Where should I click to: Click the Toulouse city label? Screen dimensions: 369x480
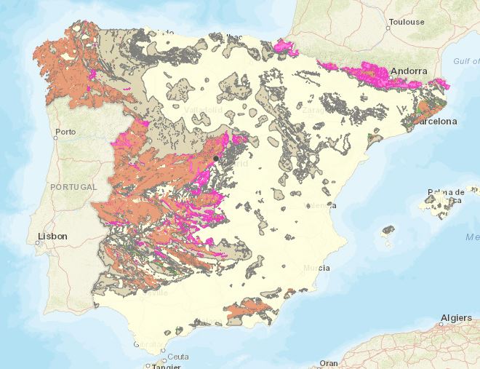click(407, 22)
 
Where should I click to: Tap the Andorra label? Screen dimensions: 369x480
click(408, 71)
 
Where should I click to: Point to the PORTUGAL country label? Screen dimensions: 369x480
click(73, 187)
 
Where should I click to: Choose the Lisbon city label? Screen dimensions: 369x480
click(52, 236)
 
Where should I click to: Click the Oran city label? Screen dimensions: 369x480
click(329, 362)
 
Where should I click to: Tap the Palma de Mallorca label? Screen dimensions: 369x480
click(445, 196)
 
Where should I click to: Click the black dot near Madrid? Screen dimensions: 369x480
click(216, 158)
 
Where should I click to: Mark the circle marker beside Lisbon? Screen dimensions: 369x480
click(37, 243)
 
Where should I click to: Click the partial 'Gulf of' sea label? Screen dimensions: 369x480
click(465, 62)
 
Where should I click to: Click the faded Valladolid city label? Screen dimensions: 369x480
click(203, 110)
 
